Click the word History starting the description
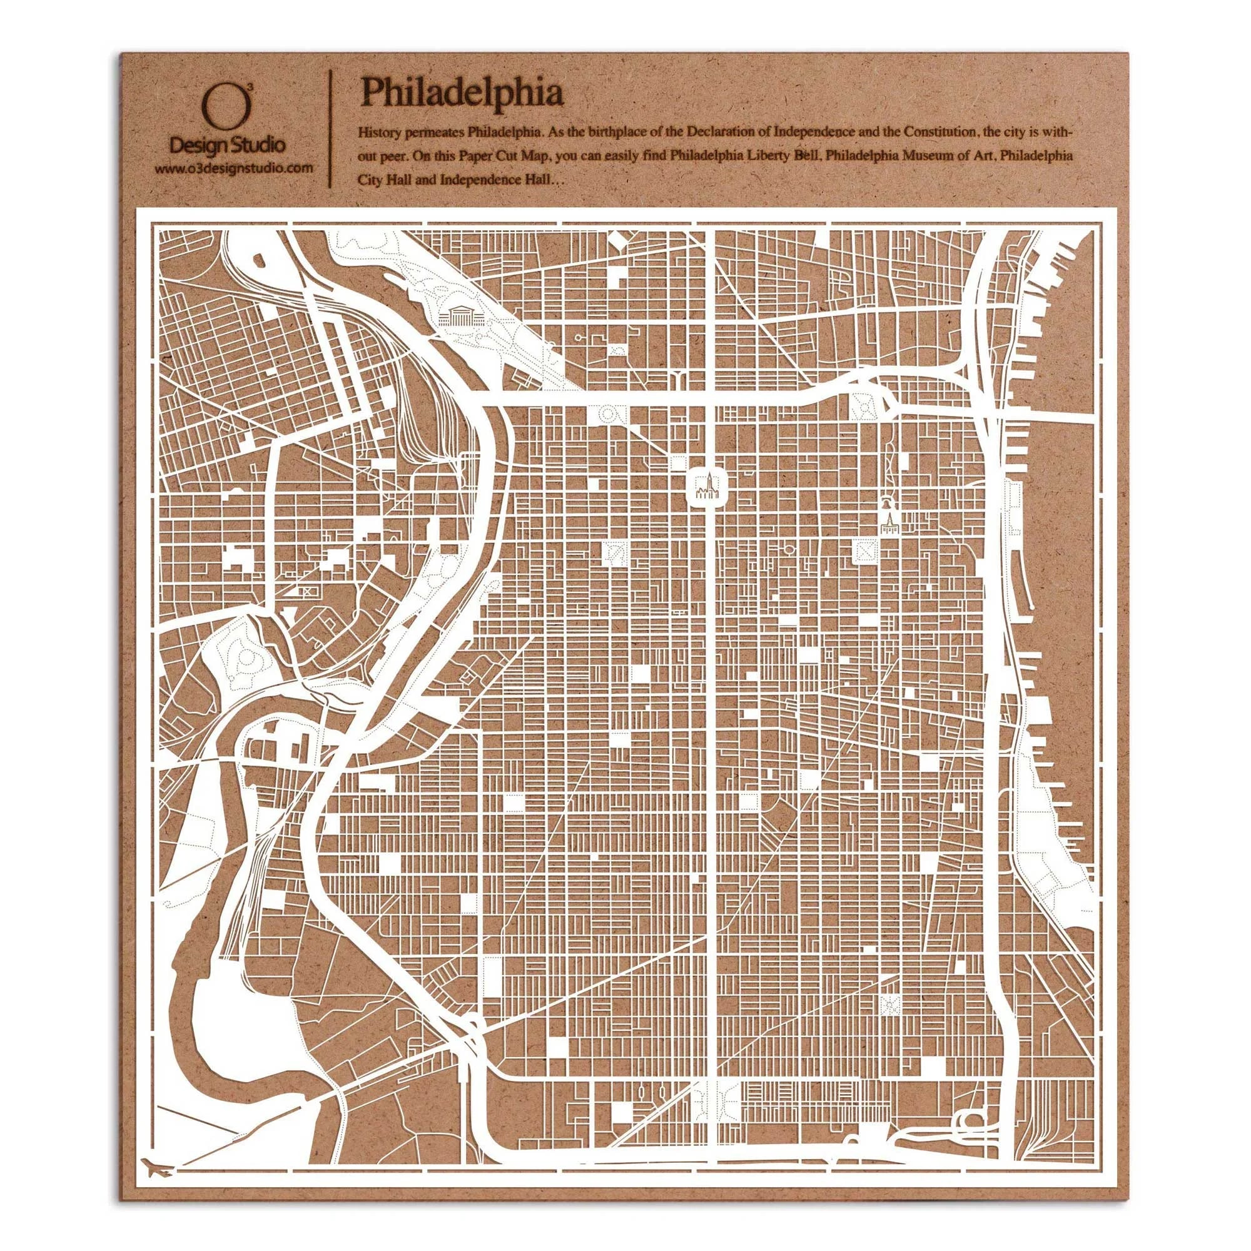(x=380, y=133)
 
